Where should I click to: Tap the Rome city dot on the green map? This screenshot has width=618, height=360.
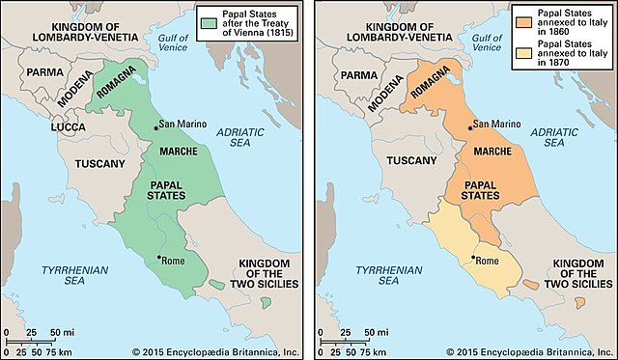pos(159,258)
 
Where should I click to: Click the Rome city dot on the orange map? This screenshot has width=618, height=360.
pos(472,258)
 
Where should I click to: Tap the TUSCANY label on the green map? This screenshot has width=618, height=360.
pos(98,163)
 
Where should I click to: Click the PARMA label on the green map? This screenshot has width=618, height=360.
pos(44,72)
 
